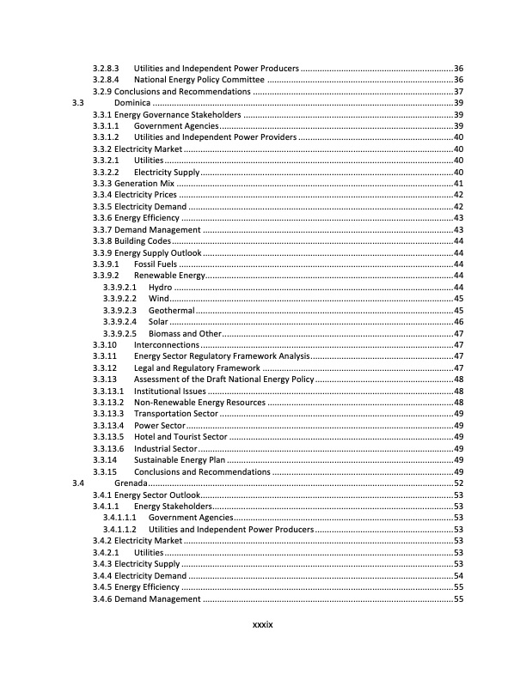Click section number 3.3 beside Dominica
point(78,103)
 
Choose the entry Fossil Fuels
point(156,264)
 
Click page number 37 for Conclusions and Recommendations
point(458,91)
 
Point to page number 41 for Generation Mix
point(458,183)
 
